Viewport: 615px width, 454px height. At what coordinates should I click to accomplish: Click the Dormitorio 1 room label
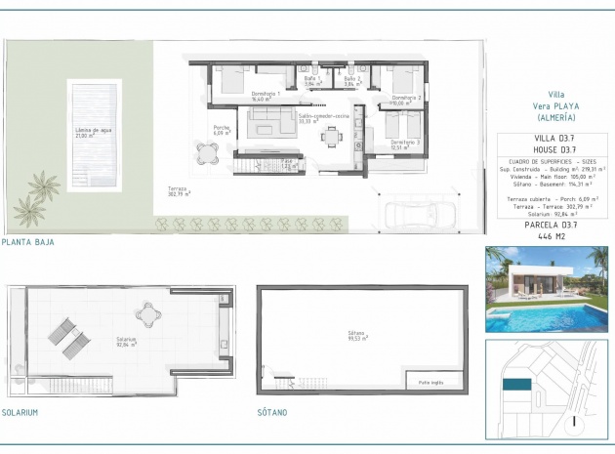coord(266,95)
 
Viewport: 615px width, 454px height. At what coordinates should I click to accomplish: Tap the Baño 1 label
coord(313,81)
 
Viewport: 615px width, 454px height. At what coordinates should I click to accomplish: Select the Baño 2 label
coord(352,81)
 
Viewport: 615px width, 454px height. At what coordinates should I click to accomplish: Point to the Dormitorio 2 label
coord(406,100)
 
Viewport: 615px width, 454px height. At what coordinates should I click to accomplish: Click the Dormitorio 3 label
coord(405,144)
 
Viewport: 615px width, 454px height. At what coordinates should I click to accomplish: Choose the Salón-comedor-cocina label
coord(323,118)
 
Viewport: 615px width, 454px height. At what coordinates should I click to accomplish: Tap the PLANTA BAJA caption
coord(28,241)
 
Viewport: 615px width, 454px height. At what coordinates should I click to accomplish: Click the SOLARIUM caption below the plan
coord(20,413)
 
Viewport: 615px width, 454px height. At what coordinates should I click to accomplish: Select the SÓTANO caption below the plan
coord(273,413)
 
